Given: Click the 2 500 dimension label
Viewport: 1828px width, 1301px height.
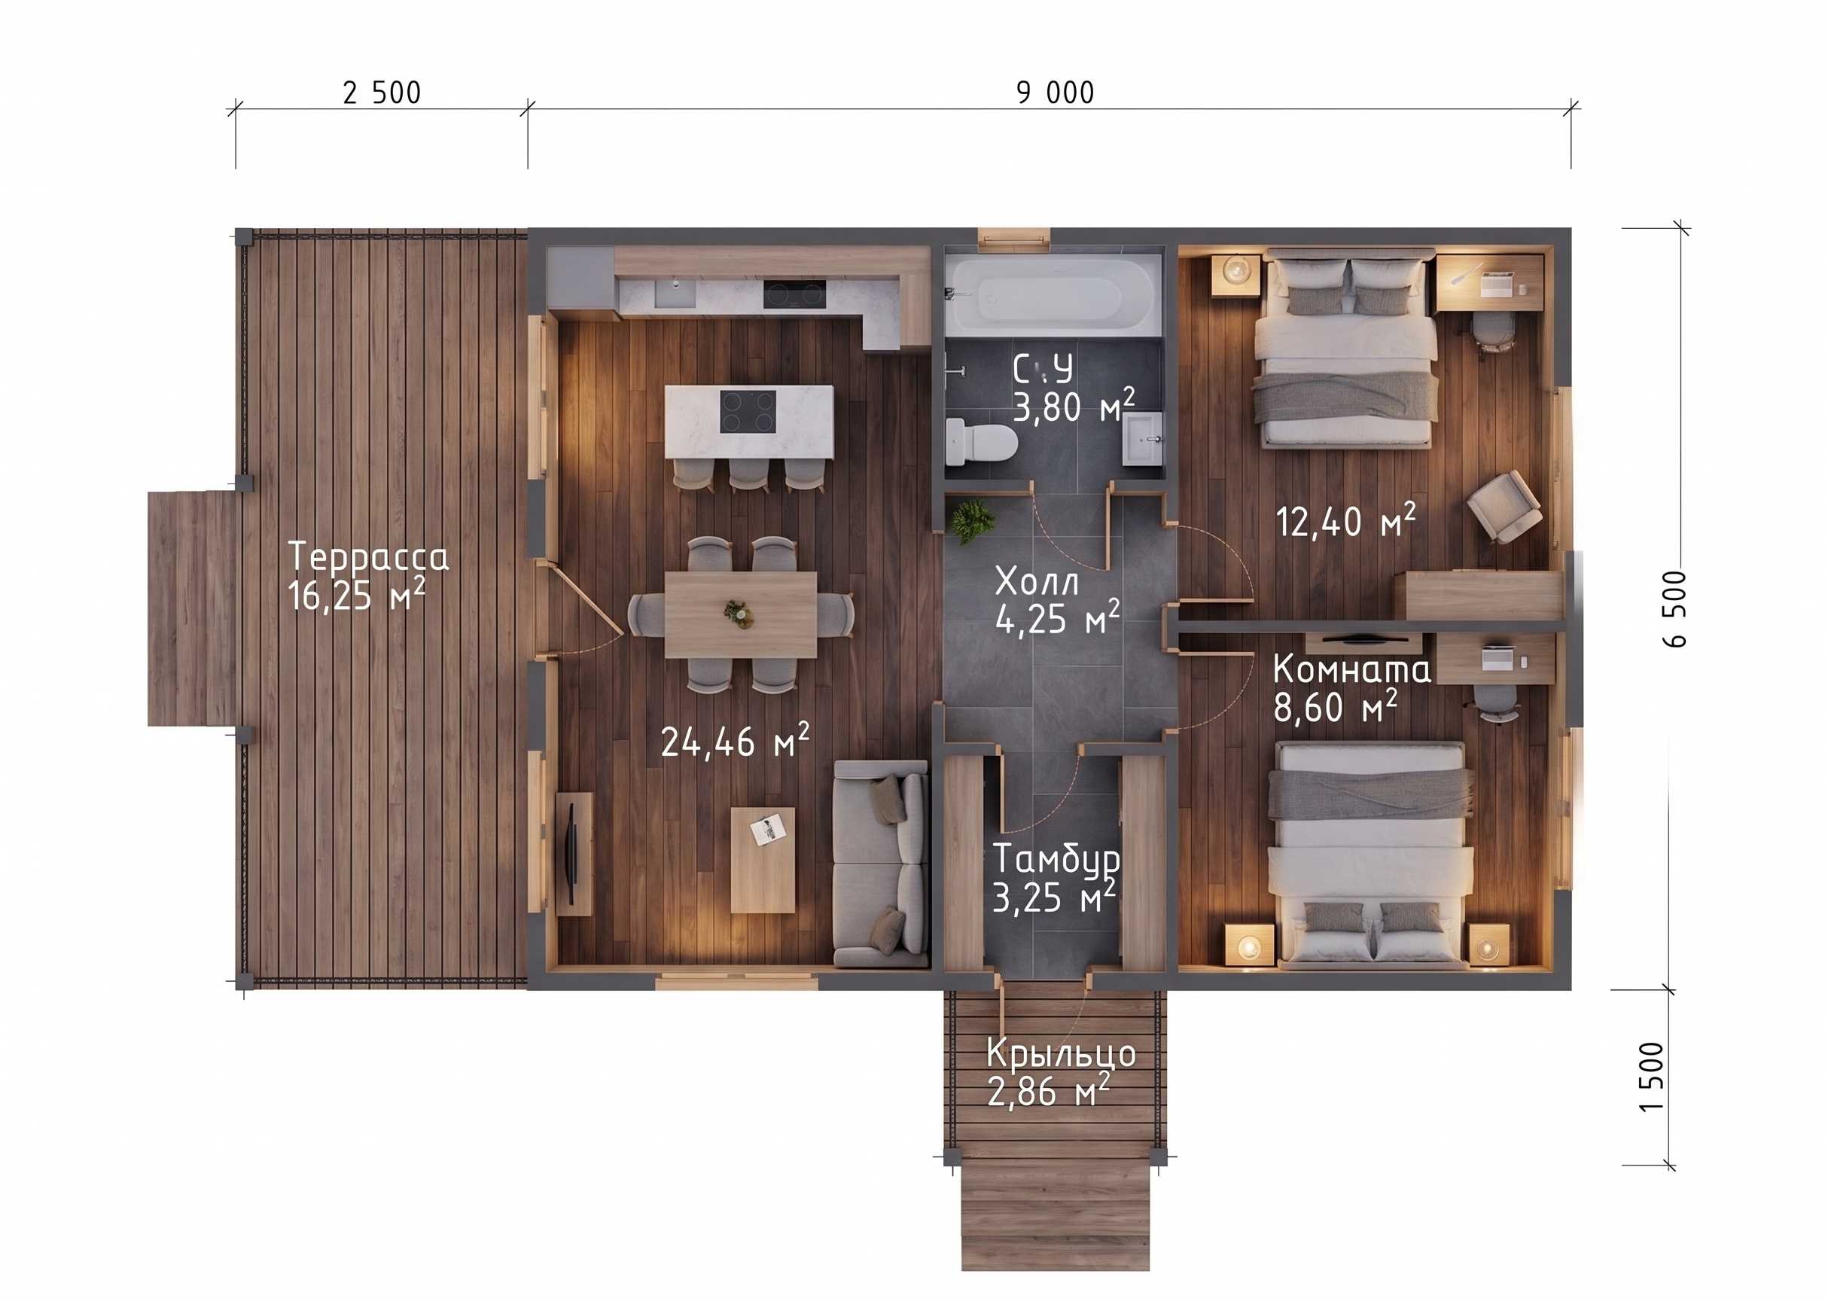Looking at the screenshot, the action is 381,93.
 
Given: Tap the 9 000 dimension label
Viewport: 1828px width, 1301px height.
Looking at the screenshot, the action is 1055,93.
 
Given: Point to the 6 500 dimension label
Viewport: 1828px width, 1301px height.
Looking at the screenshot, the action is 1674,609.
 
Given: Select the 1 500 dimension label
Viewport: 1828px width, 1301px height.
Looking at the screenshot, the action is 1652,1076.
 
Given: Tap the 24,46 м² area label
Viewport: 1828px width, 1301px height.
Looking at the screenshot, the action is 735,739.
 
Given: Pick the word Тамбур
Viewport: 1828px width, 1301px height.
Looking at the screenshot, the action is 1056,860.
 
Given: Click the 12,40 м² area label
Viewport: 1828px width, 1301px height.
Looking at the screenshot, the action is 1345,521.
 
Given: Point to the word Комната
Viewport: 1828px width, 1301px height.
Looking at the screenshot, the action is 1351,668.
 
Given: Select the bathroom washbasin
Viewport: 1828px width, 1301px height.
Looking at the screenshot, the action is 1141,438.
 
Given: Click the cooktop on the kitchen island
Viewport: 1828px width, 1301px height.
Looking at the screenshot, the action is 748,411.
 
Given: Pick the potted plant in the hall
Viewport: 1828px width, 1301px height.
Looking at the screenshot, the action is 973,521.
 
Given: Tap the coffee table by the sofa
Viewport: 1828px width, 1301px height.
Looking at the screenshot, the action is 763,860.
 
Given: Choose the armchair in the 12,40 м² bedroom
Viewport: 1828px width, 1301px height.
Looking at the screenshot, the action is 1504,506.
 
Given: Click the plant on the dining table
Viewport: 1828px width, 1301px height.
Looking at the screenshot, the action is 739,613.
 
